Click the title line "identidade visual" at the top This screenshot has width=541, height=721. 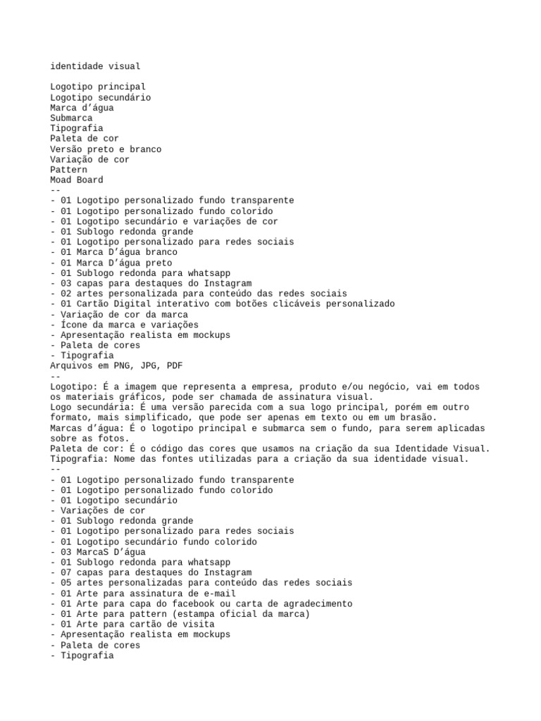click(95, 66)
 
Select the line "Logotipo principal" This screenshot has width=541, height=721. click(98, 87)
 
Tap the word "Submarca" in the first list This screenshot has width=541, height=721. click(71, 118)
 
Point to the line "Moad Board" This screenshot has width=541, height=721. click(77, 180)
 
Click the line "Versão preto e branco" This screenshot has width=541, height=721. click(106, 149)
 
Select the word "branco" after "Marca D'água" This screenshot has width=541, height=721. click(162, 252)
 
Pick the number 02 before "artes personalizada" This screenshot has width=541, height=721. click(66, 294)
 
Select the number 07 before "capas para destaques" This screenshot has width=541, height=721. click(66, 572)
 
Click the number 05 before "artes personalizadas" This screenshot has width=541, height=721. click(66, 583)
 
